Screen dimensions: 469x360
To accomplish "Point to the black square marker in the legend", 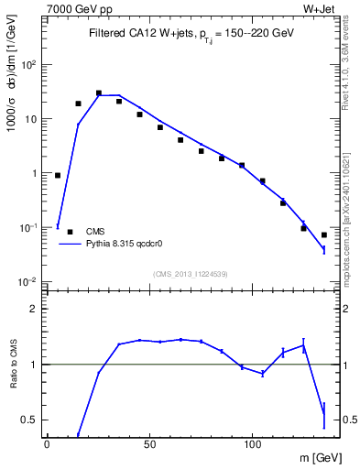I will tap(71, 232).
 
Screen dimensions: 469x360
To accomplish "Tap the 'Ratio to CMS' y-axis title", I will tap(13, 364).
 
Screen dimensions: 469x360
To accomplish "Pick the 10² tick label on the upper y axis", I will tap(29, 65).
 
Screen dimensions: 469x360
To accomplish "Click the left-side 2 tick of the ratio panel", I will tap(34, 309).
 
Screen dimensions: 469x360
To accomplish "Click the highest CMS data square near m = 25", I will tap(99, 93).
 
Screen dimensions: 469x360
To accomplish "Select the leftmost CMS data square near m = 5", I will tap(58, 175).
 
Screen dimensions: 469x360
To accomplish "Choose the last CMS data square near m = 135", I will tap(324, 235).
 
